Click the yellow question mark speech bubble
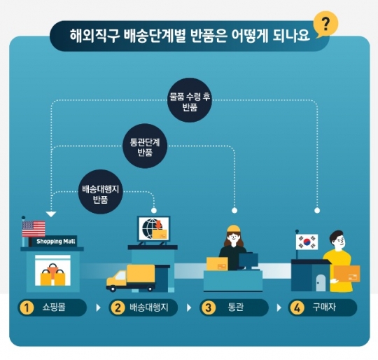click(x=325, y=24)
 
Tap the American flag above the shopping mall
click(x=34, y=228)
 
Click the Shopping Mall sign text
click(x=56, y=242)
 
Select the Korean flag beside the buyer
click(x=307, y=242)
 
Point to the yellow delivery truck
click(x=131, y=278)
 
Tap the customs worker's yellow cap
click(x=234, y=228)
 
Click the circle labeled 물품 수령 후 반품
click(x=190, y=100)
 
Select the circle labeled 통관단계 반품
click(x=145, y=146)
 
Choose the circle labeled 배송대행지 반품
click(x=101, y=192)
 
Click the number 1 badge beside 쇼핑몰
click(x=27, y=308)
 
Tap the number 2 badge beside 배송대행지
click(x=118, y=308)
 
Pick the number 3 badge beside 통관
click(x=208, y=308)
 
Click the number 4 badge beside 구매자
click(x=297, y=308)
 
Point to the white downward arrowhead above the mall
click(x=51, y=214)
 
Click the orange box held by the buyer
click(x=347, y=273)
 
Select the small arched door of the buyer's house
click(x=321, y=283)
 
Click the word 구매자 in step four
click(x=324, y=307)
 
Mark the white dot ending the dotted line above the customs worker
click(x=234, y=211)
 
